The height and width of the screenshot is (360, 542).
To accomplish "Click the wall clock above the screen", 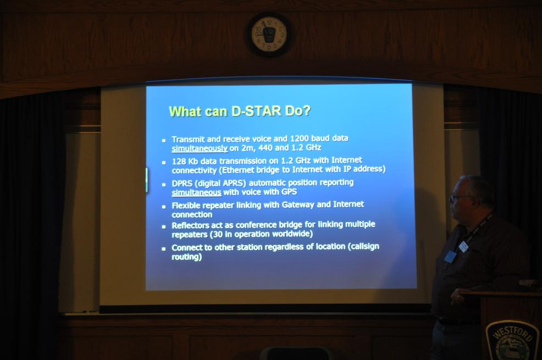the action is pyautogui.click(x=269, y=35).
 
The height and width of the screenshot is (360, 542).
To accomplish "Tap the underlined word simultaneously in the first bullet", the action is pyautogui.click(x=200, y=148).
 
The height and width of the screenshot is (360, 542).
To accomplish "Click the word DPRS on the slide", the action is pyautogui.click(x=182, y=184).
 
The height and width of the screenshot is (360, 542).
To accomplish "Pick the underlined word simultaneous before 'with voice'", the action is pyautogui.click(x=196, y=193).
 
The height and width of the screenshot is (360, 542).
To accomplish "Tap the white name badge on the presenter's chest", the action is pyautogui.click(x=463, y=246).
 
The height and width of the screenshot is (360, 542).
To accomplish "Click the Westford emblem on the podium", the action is pyautogui.click(x=512, y=340).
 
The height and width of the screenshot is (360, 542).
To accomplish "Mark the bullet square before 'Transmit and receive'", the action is pyautogui.click(x=164, y=141).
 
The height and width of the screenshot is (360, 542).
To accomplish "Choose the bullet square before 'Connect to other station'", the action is pyautogui.click(x=163, y=249).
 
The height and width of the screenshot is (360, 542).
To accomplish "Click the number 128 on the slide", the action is pyautogui.click(x=179, y=162).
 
